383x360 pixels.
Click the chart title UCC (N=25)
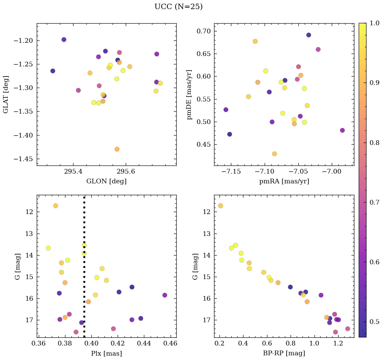coord(178,7)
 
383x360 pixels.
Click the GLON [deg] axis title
coord(107,181)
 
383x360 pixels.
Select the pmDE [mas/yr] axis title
coord(189,94)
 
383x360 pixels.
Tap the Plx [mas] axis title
coord(107,353)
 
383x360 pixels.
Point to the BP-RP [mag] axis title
coord(284,353)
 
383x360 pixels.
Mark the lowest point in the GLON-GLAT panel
coord(117,149)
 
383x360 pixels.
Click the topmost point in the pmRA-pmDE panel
coord(308,35)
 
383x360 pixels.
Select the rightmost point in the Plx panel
coord(165,295)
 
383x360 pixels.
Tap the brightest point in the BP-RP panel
coord(220,206)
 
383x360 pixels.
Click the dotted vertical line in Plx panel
coord(84,270)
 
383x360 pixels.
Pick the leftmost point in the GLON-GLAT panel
coord(53,71)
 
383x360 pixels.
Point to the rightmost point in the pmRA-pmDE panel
coord(342,130)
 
